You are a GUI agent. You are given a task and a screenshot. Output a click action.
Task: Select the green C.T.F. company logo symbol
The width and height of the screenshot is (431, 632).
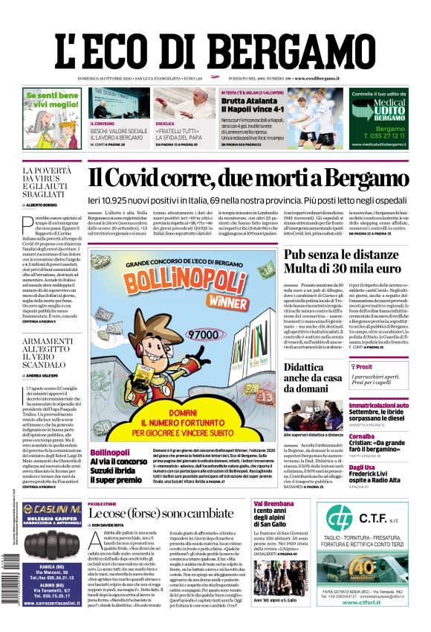(x=338, y=518)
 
